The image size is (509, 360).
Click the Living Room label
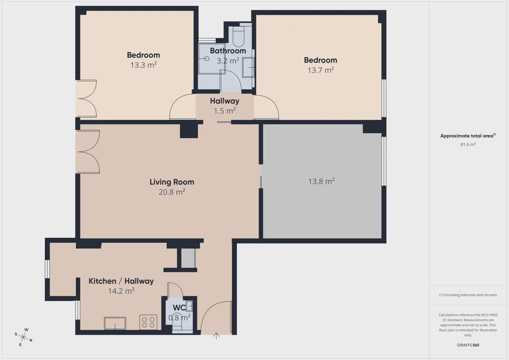172,182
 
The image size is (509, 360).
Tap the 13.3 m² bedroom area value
143,65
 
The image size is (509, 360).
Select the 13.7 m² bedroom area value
321,70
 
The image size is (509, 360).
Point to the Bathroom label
228,51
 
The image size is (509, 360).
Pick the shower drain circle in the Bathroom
206,59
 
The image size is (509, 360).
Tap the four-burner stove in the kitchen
148,322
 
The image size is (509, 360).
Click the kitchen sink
115,323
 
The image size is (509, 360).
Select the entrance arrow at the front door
216,336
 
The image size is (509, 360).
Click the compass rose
23,337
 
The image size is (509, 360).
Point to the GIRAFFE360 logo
468,345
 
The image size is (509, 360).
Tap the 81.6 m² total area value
468,144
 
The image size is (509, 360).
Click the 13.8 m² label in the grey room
321,181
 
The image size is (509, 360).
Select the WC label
179,308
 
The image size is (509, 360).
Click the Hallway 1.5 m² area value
224,111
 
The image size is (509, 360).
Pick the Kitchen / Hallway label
121,281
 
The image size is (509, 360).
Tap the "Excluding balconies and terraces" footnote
468,295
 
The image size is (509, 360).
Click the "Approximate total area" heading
468,136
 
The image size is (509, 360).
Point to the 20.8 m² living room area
172,192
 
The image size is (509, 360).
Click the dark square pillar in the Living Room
189,131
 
